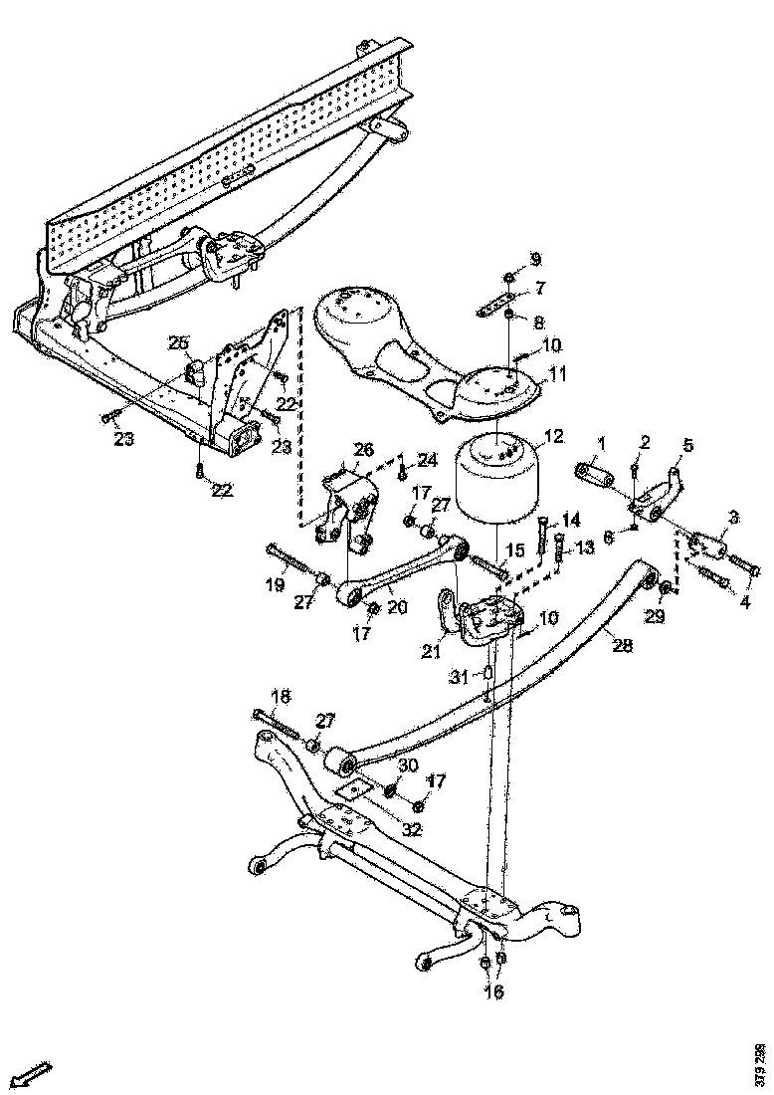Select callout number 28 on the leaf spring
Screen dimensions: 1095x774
622,645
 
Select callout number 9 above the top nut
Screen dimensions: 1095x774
535,260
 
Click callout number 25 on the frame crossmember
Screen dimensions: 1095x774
178,343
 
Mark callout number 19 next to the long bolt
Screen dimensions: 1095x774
276,584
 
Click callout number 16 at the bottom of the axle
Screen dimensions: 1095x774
493,990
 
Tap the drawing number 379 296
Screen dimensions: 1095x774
760,1061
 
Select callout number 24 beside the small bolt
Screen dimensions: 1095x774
427,460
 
